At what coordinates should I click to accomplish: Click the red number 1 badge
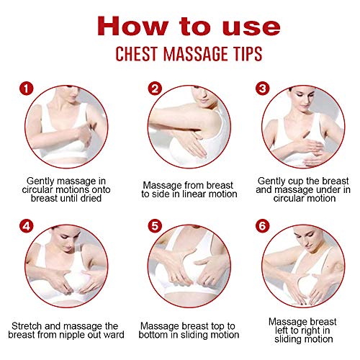click(27, 91)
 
